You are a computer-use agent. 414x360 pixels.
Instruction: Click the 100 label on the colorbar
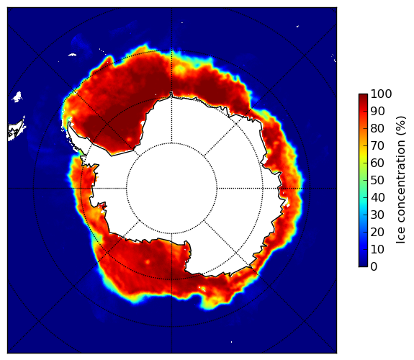[381, 94]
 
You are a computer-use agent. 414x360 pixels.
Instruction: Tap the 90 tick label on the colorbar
[377, 111]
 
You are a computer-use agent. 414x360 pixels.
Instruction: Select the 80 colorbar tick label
[377, 129]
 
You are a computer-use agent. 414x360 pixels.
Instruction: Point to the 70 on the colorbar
[377, 145]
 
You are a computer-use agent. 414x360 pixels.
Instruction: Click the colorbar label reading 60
[377, 163]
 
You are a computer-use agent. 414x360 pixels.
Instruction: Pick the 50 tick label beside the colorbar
[377, 181]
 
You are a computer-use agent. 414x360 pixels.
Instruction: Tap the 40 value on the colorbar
[377, 197]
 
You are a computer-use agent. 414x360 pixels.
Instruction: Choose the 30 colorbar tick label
[377, 215]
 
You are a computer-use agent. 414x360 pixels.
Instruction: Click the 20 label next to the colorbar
[377, 232]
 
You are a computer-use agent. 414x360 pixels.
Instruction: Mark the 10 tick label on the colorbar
[377, 249]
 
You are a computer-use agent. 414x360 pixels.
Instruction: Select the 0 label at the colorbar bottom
[374, 267]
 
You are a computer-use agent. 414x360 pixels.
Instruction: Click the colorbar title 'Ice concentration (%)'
[401, 180]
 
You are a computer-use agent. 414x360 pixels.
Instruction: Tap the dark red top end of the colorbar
[363, 95]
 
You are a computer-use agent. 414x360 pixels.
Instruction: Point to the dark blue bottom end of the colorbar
[363, 265]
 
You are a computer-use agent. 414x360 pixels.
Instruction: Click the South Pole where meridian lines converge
[171, 189]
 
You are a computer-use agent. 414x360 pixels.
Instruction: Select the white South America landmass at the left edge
[17, 130]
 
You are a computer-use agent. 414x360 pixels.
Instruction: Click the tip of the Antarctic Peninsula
[69, 123]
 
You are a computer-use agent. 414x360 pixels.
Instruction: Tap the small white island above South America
[17, 96]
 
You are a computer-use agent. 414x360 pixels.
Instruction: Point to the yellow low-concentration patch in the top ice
[180, 69]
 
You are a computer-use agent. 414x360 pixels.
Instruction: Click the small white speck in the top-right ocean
[297, 26]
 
